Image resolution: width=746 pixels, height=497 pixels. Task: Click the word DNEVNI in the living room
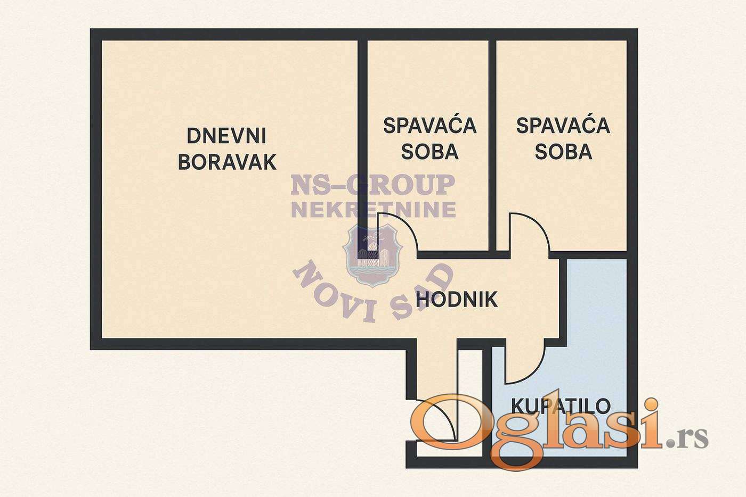coord(226,136)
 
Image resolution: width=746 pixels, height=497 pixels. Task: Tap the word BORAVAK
coord(228,162)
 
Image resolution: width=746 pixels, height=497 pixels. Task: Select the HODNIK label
coord(457,299)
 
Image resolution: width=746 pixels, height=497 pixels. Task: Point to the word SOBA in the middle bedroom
coord(430,152)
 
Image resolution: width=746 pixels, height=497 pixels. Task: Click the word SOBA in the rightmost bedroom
coord(564,152)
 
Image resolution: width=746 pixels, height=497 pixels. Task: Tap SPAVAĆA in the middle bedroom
coord(430,126)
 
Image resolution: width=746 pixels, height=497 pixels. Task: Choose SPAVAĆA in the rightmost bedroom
coord(563,126)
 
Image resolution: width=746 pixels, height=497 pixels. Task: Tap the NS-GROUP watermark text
coord(373,185)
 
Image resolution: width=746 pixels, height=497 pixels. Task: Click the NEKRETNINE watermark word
coord(374,210)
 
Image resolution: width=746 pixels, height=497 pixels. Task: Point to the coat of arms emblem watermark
coord(372,255)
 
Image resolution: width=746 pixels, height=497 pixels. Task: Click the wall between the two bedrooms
coord(492,145)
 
